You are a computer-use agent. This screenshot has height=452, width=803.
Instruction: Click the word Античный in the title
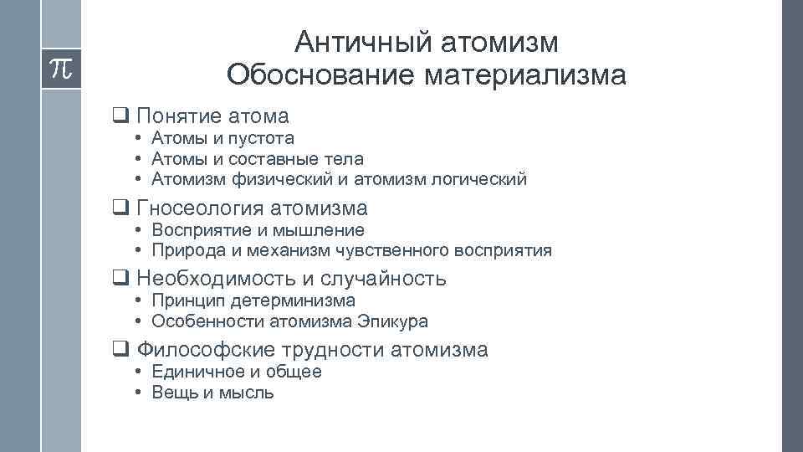click(351, 41)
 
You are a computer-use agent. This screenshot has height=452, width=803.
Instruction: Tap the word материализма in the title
click(524, 75)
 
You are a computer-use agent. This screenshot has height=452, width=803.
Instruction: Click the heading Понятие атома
click(212, 116)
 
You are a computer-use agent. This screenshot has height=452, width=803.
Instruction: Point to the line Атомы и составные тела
click(258, 158)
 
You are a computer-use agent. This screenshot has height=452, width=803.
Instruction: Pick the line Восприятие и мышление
click(258, 230)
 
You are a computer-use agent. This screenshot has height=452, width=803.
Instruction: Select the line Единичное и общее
click(237, 372)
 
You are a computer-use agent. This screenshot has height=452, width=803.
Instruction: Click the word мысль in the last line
click(246, 392)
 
